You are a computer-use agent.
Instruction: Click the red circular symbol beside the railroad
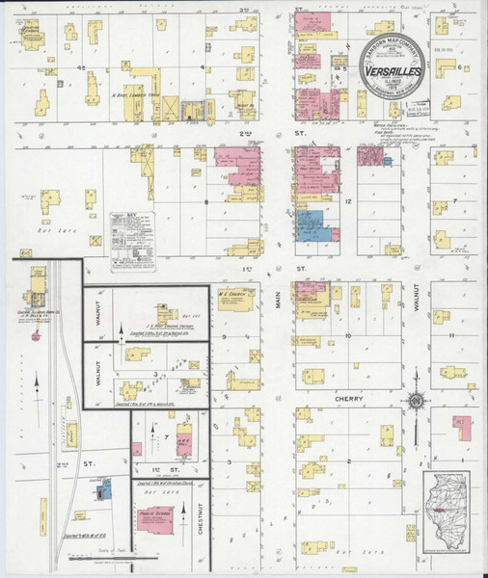(36, 337)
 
